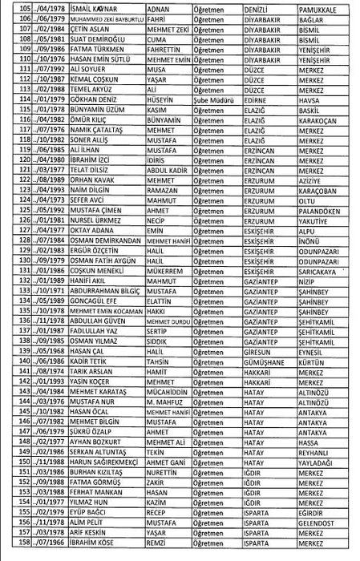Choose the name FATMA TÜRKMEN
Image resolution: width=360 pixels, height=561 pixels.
(86, 49)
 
